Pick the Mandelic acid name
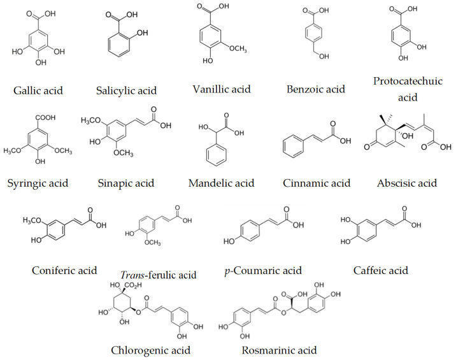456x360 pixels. [221, 184]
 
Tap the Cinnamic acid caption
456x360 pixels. [317, 184]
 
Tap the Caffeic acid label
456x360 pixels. [380, 271]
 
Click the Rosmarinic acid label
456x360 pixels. [279, 350]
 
